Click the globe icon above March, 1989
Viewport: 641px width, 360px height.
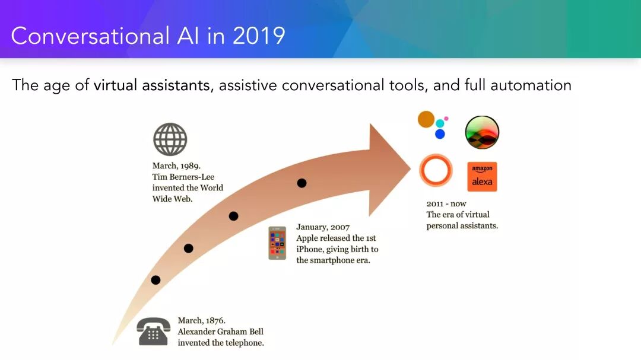tap(170, 139)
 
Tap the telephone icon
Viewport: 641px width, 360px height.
tap(153, 332)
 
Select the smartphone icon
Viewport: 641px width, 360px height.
tap(277, 243)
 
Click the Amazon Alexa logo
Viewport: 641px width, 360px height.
tap(482, 177)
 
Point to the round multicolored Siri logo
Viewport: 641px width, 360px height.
tap(482, 132)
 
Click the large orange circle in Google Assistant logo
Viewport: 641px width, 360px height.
tap(426, 119)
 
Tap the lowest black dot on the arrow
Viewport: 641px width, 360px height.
tap(156, 280)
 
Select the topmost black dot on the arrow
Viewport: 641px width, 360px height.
tap(302, 183)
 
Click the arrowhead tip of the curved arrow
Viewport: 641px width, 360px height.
tap(411, 167)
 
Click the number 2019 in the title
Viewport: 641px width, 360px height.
tap(259, 36)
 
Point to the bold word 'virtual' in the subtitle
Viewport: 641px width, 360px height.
tap(115, 85)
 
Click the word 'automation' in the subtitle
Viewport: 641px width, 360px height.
tap(531, 85)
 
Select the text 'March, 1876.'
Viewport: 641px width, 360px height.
tap(202, 320)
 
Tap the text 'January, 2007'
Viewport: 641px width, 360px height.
tap(323, 227)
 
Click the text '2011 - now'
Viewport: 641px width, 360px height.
tap(446, 203)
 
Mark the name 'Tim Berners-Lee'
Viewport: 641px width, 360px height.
tap(183, 177)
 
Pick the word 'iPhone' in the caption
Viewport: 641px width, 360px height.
tap(310, 249)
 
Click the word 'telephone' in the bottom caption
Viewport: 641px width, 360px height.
tap(243, 343)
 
